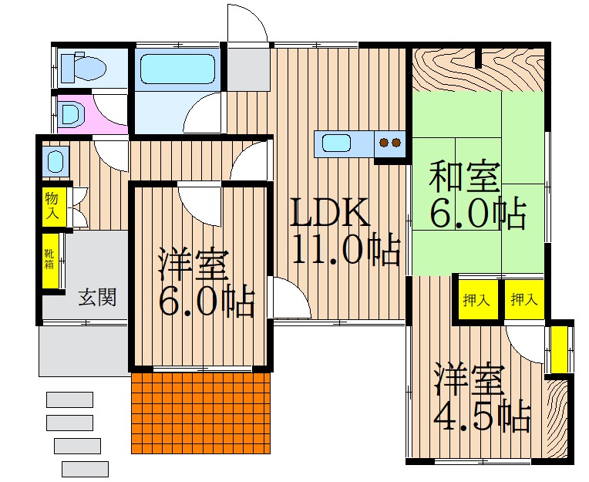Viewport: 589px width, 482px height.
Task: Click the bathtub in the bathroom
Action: pos(177,69)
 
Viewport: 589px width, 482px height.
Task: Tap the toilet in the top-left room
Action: pos(82,67)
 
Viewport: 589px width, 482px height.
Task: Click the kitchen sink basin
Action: pos(337,144)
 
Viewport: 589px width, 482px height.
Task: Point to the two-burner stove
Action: pos(390,144)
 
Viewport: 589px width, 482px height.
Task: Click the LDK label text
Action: pos(328,212)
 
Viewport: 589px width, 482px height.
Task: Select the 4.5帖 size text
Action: pos(482,417)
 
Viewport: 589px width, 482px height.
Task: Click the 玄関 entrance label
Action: pos(97,297)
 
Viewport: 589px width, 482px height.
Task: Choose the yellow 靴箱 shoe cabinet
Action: pos(50,261)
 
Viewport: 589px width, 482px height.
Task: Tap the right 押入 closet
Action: pos(524,299)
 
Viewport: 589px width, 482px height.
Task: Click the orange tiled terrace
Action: pos(201,413)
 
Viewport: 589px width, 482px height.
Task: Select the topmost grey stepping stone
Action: pos(70,399)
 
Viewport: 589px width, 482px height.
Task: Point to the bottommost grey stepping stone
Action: pos(86,469)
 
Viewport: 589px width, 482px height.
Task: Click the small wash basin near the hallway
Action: pos(56,160)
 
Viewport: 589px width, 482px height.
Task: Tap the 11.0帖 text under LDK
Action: pos(345,249)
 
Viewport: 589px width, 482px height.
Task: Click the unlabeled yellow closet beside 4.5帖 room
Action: pos(559,350)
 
